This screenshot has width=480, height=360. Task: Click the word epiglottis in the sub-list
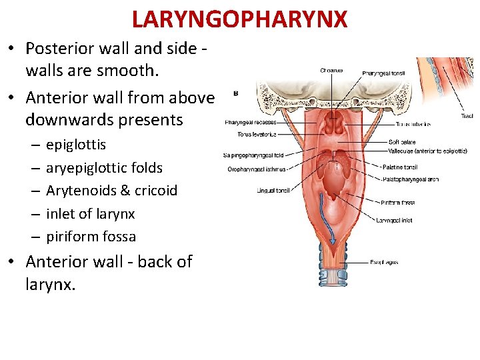(x=76, y=145)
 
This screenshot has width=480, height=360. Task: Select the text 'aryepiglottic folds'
(x=104, y=167)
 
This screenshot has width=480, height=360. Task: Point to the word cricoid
(x=155, y=190)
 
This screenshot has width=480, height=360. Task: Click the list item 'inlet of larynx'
(x=90, y=213)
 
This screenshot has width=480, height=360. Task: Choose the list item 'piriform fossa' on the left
(x=91, y=236)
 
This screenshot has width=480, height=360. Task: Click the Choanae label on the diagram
(x=331, y=70)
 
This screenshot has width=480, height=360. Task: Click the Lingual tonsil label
(x=273, y=191)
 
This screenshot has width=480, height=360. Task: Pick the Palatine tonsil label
(x=399, y=167)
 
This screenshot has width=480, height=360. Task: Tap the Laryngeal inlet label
(x=394, y=220)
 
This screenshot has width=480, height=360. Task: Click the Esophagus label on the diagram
(x=384, y=262)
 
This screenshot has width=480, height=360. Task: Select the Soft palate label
(x=402, y=142)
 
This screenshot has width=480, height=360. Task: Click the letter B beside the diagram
(x=235, y=94)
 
